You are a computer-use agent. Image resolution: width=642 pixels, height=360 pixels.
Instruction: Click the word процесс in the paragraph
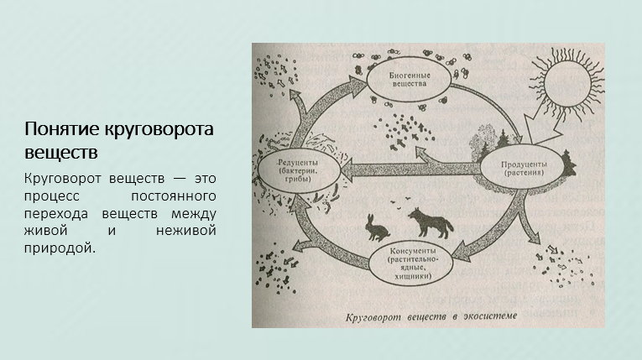pos(54,196)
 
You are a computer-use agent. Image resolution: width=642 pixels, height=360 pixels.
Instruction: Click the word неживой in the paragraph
pos(187,229)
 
